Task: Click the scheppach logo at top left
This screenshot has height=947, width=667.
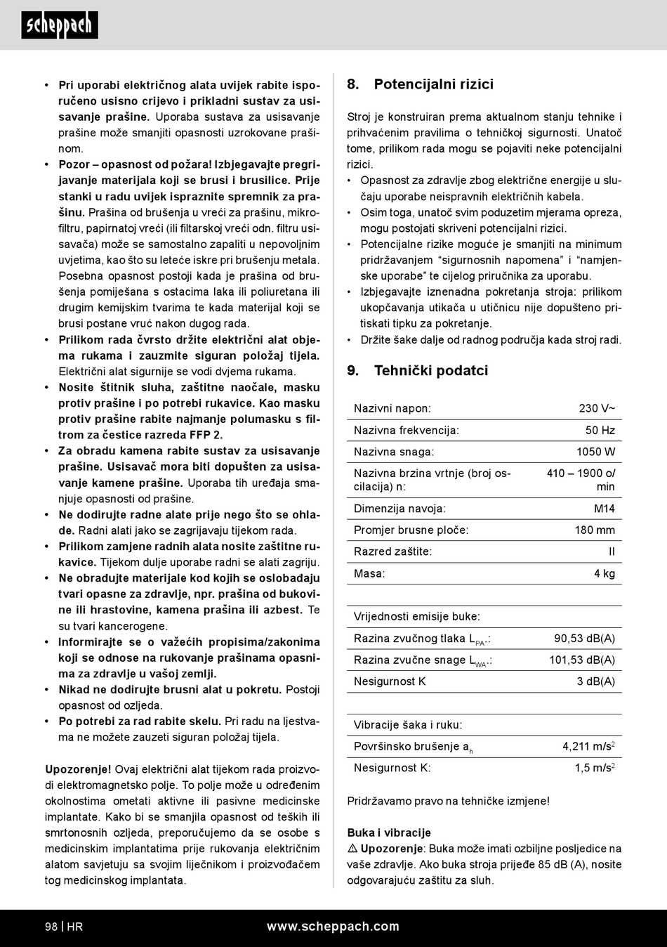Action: (60, 25)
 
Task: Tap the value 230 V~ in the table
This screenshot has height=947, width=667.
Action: (597, 408)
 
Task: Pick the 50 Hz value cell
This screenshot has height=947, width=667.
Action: (600, 430)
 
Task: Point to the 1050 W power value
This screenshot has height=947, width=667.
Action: (595, 452)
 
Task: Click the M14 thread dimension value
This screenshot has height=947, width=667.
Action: (604, 509)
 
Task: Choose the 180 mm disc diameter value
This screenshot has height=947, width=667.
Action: (595, 530)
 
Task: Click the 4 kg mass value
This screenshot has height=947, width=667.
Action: (604, 573)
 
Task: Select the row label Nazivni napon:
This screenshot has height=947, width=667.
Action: (392, 408)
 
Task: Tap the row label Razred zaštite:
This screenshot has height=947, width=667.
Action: (392, 551)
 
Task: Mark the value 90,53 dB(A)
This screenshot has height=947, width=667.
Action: (584, 639)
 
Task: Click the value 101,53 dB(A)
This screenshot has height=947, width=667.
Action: (582, 660)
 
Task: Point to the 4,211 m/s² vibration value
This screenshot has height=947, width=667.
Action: (588, 747)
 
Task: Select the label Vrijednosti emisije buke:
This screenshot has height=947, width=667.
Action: (417, 617)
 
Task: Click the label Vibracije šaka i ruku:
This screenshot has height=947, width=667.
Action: (408, 725)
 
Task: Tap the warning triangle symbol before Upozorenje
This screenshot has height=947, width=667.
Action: (352, 849)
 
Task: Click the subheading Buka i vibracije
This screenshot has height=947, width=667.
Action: (389, 832)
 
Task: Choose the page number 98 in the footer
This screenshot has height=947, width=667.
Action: (51, 927)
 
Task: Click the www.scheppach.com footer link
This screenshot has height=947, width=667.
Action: (333, 927)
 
